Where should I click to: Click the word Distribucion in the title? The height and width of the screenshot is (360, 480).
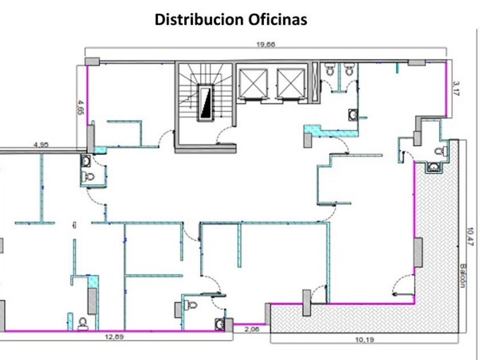point(199,19)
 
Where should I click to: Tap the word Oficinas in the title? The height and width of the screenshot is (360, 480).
point(278,19)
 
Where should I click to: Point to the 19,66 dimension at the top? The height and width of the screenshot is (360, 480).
point(266,45)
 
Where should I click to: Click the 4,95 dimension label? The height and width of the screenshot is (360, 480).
point(41,145)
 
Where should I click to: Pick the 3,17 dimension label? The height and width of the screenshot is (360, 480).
point(455,88)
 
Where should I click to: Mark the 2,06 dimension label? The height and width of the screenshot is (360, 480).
point(251,329)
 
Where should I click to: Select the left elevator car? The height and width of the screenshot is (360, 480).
point(253,82)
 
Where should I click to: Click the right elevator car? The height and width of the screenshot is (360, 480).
point(291,82)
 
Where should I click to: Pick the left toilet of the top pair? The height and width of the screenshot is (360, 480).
point(330,71)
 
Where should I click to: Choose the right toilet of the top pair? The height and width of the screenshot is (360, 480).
point(349,71)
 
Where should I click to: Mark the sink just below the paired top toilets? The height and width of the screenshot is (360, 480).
point(352,114)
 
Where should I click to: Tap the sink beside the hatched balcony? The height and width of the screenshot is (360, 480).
point(434,167)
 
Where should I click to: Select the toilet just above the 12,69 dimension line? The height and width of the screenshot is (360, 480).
point(83,323)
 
